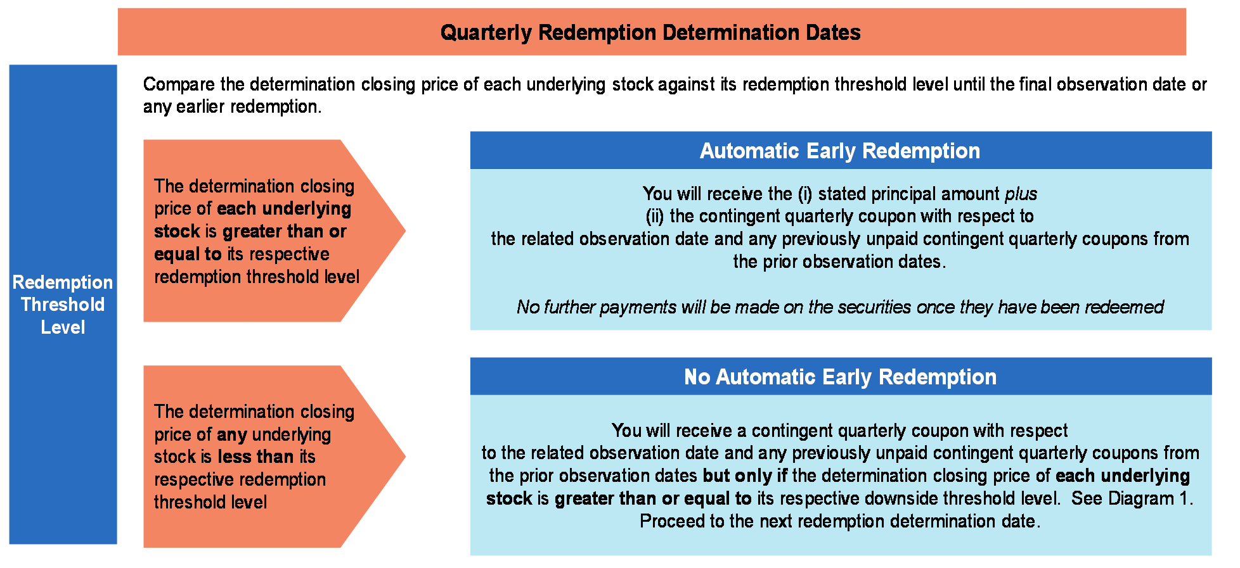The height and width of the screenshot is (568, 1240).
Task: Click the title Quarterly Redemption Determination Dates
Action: [650, 32]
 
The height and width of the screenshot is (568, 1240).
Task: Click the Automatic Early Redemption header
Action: [840, 151]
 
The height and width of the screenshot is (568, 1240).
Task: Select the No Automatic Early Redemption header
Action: [840, 377]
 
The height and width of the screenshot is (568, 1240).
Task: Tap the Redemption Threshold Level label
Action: [63, 305]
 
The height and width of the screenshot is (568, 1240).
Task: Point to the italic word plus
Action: [1021, 194]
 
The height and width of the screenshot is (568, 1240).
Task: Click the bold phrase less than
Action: [255, 457]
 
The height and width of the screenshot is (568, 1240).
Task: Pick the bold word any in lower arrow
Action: [231, 435]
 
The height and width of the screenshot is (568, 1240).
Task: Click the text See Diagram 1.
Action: [1132, 498]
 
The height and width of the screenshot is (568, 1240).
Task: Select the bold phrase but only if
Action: [746, 476]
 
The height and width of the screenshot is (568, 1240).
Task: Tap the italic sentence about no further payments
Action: [840, 307]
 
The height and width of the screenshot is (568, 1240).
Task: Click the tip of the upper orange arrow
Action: [406, 230]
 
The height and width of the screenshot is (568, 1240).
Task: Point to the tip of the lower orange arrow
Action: [406, 456]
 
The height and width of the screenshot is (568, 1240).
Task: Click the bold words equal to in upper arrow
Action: [188, 254]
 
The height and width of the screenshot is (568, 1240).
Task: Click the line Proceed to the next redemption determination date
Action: [840, 521]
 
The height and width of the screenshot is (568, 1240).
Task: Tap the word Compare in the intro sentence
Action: [179, 84]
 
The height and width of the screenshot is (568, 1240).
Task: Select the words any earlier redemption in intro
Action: [231, 106]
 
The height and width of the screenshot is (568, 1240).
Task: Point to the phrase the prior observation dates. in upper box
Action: [840, 262]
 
